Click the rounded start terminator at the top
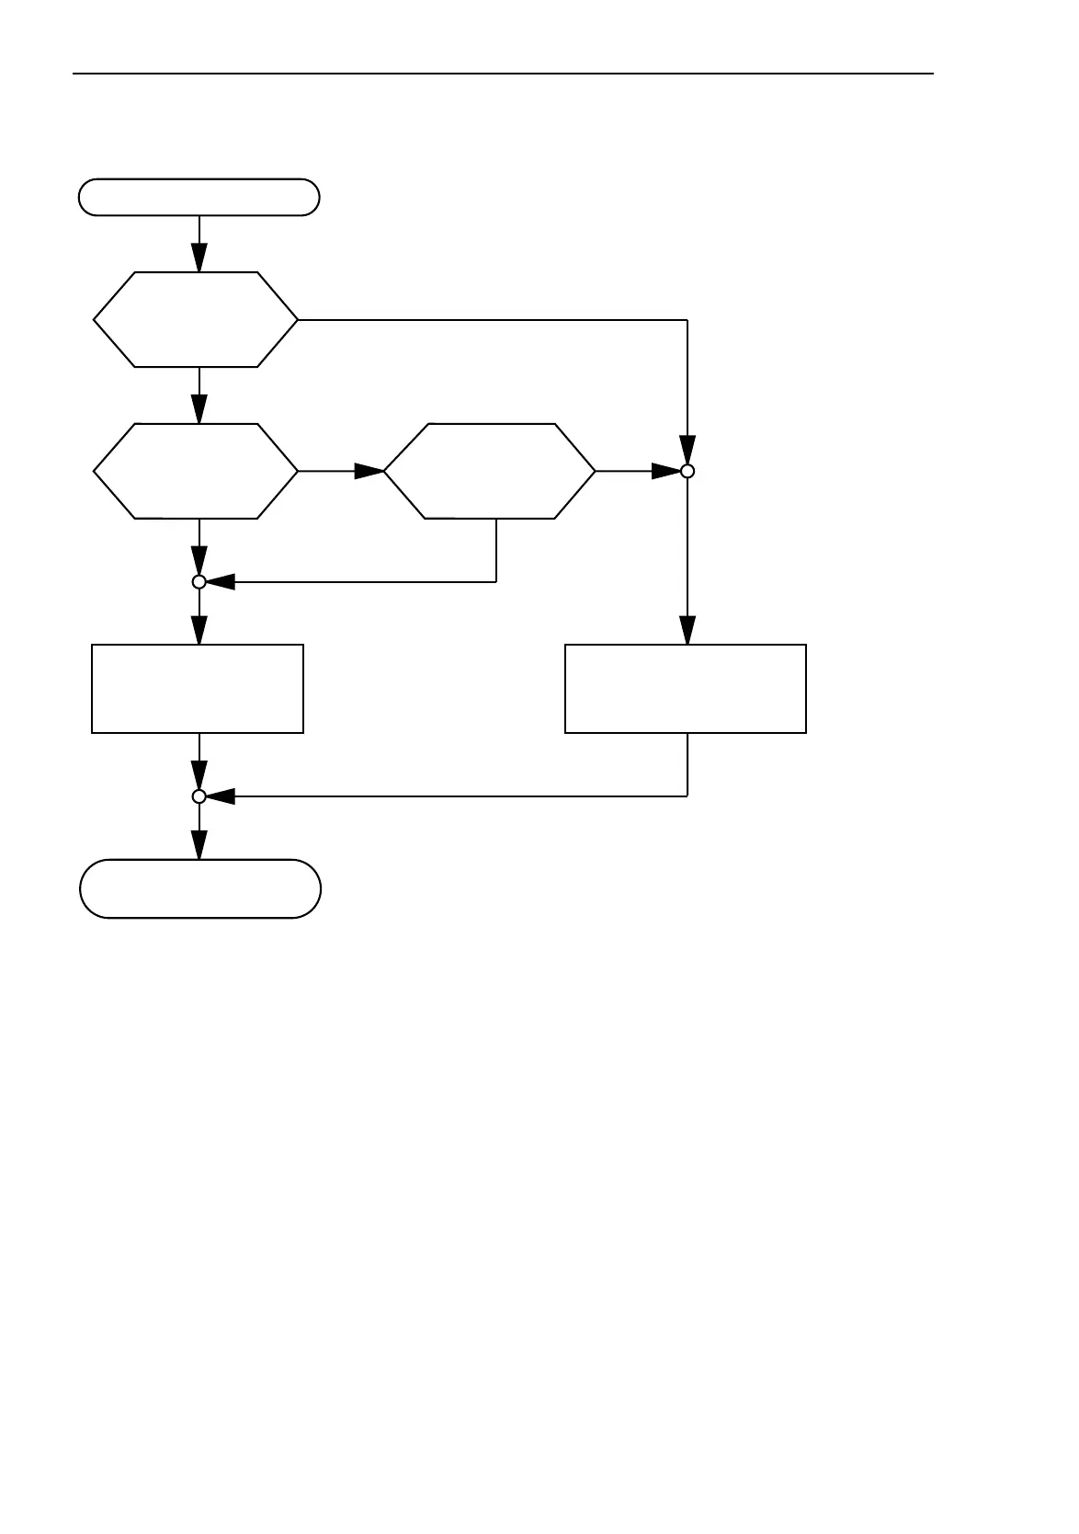click(x=199, y=197)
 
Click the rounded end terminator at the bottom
click(x=200, y=888)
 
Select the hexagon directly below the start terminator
click(x=196, y=319)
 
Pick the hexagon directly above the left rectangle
click(x=196, y=471)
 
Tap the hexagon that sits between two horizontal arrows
click(x=489, y=471)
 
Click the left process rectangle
click(x=198, y=689)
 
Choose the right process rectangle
click(x=686, y=689)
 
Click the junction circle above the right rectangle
click(x=687, y=471)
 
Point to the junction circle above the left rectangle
click(x=199, y=581)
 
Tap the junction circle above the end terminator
click(x=199, y=796)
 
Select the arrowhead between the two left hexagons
click(x=199, y=409)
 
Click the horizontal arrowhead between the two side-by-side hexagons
click(x=369, y=471)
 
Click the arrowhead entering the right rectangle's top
click(x=687, y=630)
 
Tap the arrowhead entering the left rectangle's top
click(x=199, y=630)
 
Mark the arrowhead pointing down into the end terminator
click(x=199, y=845)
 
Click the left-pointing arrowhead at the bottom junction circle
click(x=221, y=796)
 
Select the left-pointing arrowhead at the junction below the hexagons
click(x=221, y=581)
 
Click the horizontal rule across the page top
click(x=503, y=74)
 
